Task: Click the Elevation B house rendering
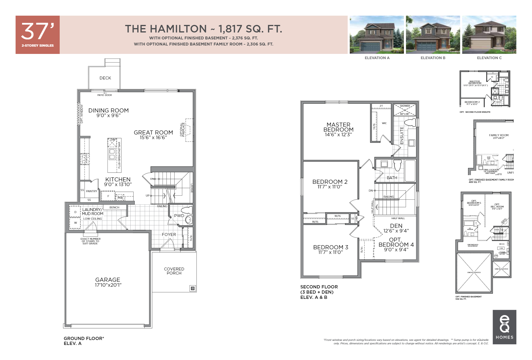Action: (433, 35)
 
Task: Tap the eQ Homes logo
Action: (504, 327)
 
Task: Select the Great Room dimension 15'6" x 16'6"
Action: (153, 138)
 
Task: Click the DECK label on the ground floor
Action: (105, 78)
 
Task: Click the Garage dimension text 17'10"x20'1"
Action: (108, 285)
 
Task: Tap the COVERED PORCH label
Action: (174, 271)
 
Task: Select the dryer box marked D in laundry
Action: (75, 212)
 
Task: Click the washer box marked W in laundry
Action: (75, 223)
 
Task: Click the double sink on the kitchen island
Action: (112, 154)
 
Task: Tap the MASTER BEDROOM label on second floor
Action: (338, 127)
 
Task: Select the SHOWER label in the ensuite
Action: (405, 106)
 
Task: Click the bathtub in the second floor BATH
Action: (410, 171)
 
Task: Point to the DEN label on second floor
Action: (396, 226)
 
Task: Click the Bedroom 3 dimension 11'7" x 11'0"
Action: (330, 252)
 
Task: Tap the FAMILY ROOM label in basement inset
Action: (499, 135)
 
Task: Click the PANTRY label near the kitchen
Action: (92, 191)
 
